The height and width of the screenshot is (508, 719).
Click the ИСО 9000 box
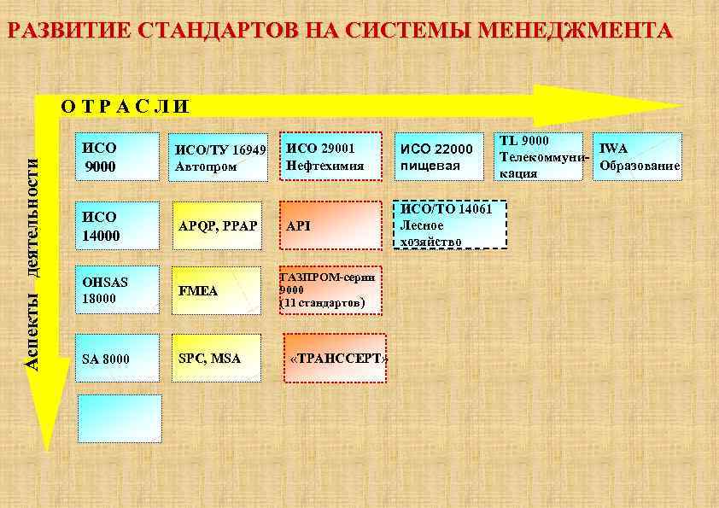click(x=119, y=156)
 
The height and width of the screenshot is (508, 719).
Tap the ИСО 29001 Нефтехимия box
click(x=332, y=156)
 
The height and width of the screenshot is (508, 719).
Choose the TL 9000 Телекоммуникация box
click(x=541, y=156)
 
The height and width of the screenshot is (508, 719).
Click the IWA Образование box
click(x=640, y=156)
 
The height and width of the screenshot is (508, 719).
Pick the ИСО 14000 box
click(x=119, y=225)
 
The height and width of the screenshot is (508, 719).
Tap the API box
click(x=331, y=225)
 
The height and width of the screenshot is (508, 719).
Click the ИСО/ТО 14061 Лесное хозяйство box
click(x=450, y=225)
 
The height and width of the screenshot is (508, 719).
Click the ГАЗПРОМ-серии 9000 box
click(x=331, y=289)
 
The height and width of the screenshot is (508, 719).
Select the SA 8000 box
click(x=119, y=358)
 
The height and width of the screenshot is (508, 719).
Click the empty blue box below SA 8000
click(x=119, y=418)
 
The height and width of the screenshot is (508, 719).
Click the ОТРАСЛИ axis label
click(x=125, y=107)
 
